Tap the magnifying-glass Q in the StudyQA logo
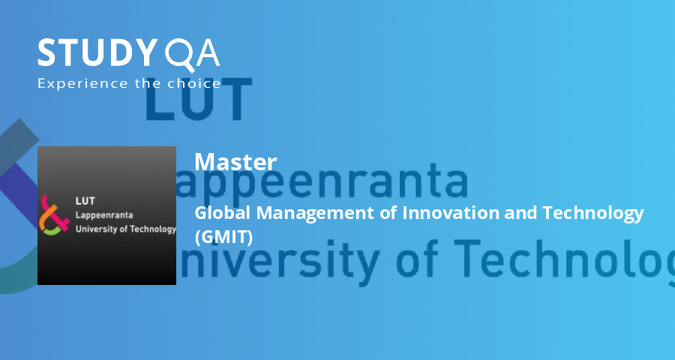[178, 54]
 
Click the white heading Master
[235, 161]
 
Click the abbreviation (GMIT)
[223, 236]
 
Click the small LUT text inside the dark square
[85, 201]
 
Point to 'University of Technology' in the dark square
[125, 229]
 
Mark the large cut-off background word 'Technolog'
[570, 259]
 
